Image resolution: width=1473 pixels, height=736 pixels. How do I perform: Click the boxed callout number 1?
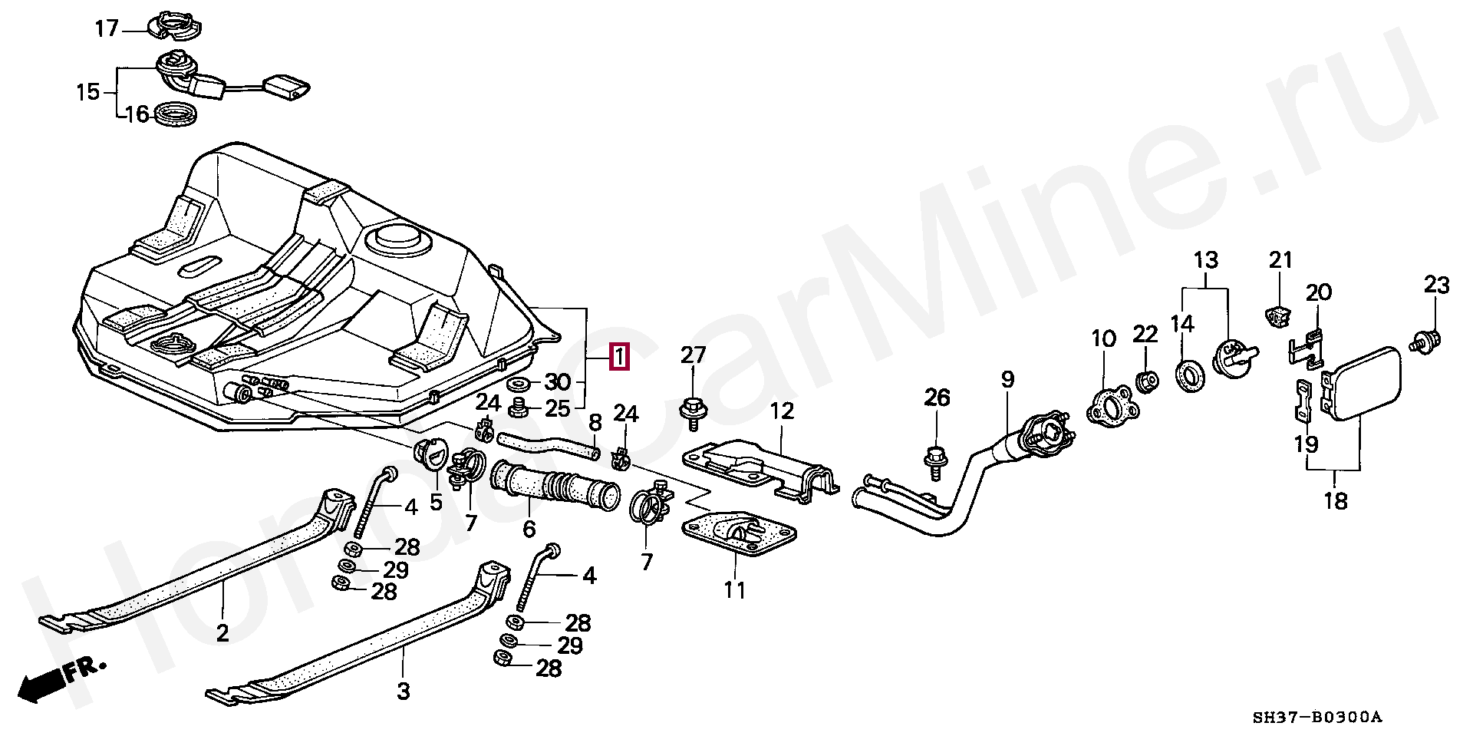point(619,357)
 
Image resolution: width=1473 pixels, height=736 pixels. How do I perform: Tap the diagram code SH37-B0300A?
point(1316,718)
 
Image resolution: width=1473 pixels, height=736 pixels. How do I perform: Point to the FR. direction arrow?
point(61,680)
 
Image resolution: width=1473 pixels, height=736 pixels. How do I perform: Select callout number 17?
point(107,29)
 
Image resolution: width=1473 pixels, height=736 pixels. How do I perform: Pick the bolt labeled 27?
point(694,408)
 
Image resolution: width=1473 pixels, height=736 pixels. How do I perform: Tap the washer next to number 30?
point(519,383)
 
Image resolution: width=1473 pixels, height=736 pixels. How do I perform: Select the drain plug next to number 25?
point(520,407)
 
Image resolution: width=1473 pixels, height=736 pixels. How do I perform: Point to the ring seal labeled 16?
point(176,114)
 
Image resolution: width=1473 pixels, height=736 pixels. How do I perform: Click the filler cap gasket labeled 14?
point(1188,378)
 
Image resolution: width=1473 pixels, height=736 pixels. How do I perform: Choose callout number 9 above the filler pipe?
point(1007,379)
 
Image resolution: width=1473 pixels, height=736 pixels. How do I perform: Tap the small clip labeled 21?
point(1276,314)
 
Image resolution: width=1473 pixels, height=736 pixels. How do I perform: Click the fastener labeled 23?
point(1428,338)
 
